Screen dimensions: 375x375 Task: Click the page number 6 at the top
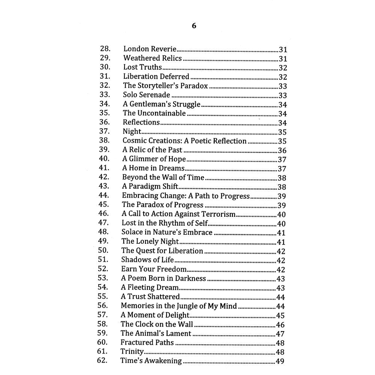pos(194,26)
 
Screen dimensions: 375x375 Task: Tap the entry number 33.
pos(105,95)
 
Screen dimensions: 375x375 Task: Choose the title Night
pos(132,132)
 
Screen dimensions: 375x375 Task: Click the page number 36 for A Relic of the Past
pos(282,150)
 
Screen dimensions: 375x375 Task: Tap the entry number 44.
pos(103,195)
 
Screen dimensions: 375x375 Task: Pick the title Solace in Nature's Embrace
pos(167,232)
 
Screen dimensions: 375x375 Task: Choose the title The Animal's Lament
pos(156,333)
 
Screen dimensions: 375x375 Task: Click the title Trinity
pos(132,352)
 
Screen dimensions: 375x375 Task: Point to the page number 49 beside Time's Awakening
pos(280,361)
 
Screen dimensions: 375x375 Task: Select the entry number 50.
pos(103,250)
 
